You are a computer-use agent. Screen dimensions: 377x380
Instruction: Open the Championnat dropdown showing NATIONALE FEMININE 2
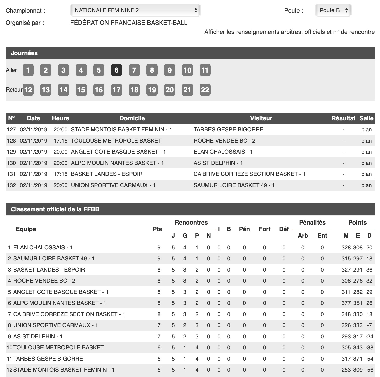tap(135, 10)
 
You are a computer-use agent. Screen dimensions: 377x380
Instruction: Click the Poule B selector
tap(333, 10)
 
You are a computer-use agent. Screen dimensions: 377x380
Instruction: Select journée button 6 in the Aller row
tap(116, 70)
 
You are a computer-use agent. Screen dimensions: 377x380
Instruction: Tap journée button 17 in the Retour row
tap(116, 90)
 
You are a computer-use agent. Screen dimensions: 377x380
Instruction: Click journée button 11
tap(205, 70)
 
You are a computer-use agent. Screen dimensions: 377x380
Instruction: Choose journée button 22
tap(205, 90)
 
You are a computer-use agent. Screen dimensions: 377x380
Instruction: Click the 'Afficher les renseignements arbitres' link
tap(289, 32)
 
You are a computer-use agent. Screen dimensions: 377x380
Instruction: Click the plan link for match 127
tap(366, 130)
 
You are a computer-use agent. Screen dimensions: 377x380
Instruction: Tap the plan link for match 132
tap(366, 185)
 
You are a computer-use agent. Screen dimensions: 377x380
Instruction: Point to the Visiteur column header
tap(261, 118)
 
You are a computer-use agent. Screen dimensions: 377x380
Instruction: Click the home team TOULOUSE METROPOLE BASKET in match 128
tap(116, 141)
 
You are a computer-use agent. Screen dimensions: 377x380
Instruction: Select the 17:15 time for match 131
tap(60, 174)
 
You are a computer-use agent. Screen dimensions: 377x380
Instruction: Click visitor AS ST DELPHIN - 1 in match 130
tap(218, 163)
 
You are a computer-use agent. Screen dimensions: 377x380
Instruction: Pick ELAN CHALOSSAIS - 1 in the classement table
tap(43, 248)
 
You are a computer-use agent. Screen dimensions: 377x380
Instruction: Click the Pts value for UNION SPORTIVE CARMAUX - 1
tap(159, 325)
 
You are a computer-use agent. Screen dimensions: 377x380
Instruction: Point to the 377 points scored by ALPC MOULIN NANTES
tap(346, 303)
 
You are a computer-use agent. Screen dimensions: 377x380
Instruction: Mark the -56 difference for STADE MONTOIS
tap(369, 370)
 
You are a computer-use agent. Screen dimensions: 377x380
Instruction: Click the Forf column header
tap(264, 229)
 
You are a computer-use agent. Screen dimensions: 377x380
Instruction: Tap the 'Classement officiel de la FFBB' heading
tap(55, 209)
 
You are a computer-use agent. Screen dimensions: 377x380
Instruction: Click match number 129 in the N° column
tap(11, 152)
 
